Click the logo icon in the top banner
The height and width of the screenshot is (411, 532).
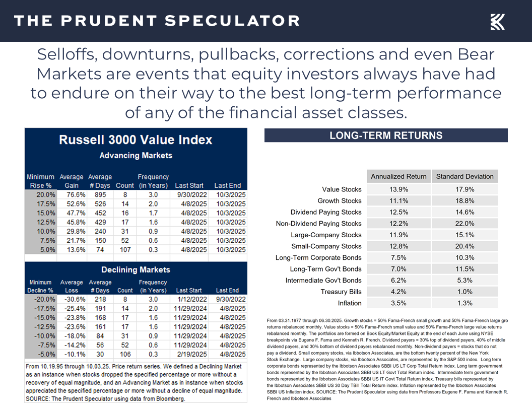(497, 22)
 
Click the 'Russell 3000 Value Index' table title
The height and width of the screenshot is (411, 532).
(136, 140)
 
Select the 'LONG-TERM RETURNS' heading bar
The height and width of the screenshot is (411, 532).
(386, 135)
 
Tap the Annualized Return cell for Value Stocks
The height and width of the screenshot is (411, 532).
(398, 189)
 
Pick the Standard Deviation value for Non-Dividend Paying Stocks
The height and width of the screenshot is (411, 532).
(464, 224)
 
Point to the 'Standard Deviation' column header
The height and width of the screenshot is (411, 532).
(464, 176)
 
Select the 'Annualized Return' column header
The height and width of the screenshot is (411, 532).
(398, 176)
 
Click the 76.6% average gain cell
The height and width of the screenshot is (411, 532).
(71, 194)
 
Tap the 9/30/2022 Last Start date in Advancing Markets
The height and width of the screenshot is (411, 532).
(188, 194)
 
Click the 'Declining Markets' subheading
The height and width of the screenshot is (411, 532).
(136, 269)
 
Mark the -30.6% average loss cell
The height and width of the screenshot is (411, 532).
(71, 299)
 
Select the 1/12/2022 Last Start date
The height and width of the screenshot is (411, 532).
(188, 299)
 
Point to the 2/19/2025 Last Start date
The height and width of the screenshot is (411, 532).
(188, 354)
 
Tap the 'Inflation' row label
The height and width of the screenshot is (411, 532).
(350, 303)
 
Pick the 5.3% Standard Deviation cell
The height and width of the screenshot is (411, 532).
(464, 281)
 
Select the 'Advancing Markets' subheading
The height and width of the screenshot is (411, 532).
(136, 155)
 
